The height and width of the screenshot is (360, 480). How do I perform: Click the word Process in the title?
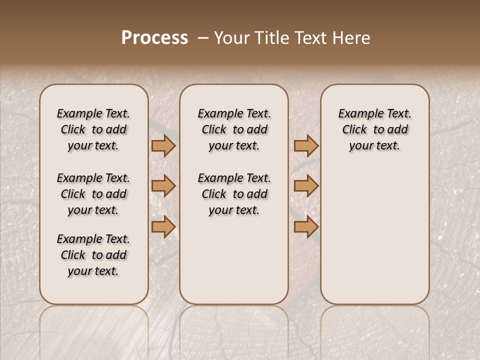[154, 38]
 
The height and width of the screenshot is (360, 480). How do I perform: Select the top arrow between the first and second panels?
[163, 146]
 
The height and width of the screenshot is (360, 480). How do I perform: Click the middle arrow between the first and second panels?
[163, 186]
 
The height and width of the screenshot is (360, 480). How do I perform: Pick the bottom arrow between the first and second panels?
[163, 227]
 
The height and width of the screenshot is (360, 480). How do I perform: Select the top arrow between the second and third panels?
[306, 146]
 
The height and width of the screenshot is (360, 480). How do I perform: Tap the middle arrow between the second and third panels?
[306, 186]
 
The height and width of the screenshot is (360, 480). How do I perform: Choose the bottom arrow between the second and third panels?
[306, 227]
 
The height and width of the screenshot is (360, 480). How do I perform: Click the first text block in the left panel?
[93, 129]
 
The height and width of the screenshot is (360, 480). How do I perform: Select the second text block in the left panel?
[93, 194]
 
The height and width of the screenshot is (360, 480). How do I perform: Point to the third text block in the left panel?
[93, 255]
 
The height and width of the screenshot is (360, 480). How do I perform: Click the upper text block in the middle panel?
[234, 129]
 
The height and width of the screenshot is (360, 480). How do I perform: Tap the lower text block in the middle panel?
[234, 194]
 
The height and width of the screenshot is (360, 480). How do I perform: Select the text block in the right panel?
[374, 129]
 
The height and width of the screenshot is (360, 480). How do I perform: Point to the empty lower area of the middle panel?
[234, 260]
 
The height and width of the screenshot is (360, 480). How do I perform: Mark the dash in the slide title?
[202, 38]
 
